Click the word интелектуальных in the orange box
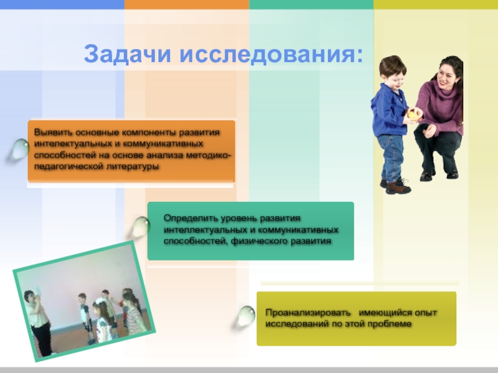point(73,144)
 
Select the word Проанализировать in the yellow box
point(308,313)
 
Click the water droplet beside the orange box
point(21,149)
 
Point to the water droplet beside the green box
point(141,226)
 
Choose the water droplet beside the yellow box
point(246,316)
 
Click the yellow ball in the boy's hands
point(413,115)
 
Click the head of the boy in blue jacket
point(393,72)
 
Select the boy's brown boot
point(398,187)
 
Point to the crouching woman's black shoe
point(427,175)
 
